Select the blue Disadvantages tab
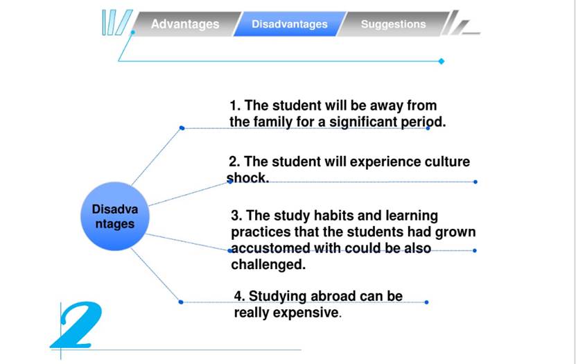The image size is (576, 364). point(290,24)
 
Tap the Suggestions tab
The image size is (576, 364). point(394,24)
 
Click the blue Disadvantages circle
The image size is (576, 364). point(115,216)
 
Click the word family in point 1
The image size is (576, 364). point(274,121)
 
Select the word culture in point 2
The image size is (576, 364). point(447,162)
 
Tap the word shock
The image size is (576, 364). point(248,177)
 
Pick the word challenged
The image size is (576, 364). point(268,264)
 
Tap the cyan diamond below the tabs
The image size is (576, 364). point(442,61)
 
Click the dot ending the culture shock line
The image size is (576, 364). point(475,182)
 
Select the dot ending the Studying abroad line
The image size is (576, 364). point(426,302)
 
